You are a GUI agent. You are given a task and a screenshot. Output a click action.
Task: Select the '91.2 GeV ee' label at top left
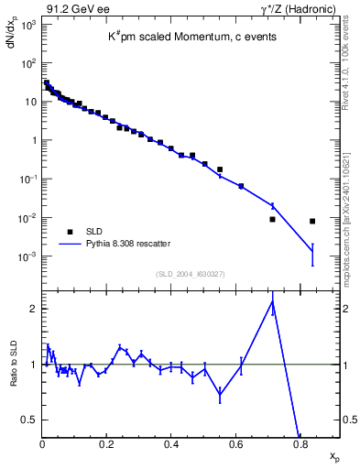pyautogui.click(x=71, y=9)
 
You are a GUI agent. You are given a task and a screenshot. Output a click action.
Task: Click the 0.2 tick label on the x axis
pyautogui.click(x=106, y=445)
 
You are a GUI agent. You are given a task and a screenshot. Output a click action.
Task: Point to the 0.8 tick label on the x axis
pyautogui.click(x=300, y=445)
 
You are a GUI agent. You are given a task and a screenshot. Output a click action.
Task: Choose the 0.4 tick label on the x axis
pyautogui.click(x=171, y=445)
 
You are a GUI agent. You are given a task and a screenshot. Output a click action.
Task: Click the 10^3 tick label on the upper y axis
pyautogui.click(x=27, y=26)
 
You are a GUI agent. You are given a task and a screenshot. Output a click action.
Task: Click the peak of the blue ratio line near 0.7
pyautogui.click(x=273, y=300)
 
